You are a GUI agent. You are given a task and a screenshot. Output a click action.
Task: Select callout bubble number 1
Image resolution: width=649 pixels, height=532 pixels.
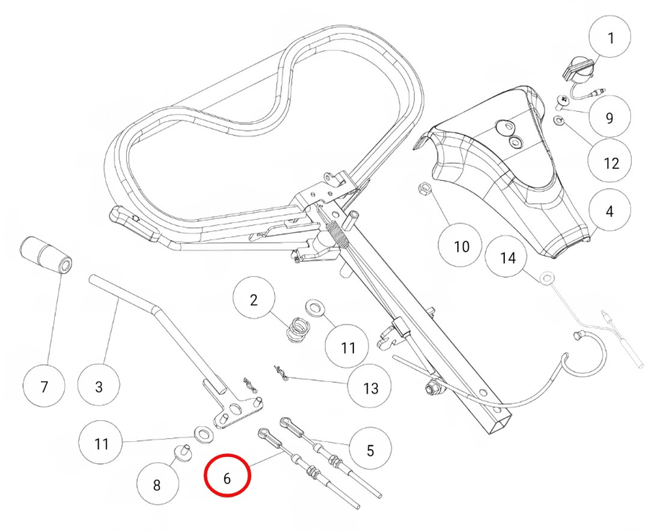[612, 37]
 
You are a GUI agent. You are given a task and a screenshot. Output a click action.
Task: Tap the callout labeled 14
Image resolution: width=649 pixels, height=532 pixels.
[508, 257]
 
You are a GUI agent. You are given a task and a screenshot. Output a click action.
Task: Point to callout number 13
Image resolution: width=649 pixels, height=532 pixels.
[371, 388]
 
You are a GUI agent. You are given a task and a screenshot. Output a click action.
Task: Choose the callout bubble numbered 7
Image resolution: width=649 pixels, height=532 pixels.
[44, 387]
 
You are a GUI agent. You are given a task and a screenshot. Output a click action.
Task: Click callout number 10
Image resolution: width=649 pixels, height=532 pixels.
[462, 247]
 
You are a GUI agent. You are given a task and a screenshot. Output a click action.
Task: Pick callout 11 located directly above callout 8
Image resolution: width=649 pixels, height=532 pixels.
[102, 443]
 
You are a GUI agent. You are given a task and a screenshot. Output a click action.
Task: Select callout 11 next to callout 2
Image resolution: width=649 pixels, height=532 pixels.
[348, 347]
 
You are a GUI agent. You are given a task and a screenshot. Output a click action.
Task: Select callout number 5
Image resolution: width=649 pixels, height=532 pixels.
[370, 451]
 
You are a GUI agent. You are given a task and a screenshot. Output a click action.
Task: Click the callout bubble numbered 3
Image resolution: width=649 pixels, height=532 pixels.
[100, 386]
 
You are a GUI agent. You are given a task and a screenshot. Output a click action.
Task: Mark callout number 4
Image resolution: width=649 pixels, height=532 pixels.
[610, 212]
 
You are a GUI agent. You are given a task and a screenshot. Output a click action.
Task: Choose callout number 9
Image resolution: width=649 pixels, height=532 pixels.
[609, 117]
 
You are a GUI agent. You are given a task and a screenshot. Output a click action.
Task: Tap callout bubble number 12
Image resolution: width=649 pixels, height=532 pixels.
[611, 163]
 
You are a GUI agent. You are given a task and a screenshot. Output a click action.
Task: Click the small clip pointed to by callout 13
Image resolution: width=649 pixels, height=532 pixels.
[281, 373]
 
